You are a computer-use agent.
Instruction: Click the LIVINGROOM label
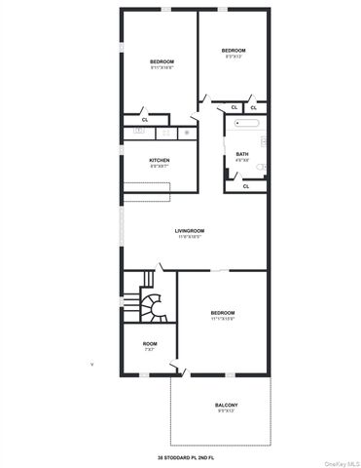coord(189,230)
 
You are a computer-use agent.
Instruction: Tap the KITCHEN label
coord(160,160)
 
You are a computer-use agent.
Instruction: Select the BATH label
coord(242,154)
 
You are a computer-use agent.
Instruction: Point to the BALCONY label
coord(226,405)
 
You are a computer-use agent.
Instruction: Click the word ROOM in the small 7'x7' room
coord(149,343)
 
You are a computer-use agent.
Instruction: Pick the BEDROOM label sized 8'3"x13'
coord(233,51)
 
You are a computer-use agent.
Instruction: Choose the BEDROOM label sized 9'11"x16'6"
coord(162,62)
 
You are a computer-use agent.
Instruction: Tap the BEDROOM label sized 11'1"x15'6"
coord(224,312)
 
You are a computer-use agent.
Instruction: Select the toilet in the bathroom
coord(255,166)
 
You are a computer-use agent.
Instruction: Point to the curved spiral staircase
coord(152,305)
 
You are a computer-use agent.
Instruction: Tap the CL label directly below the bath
coord(245,185)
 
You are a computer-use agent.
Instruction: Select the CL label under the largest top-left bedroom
coord(145,119)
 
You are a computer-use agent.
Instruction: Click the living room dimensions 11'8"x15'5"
coord(189,237)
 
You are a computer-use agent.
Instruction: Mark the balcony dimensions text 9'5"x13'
coord(226,411)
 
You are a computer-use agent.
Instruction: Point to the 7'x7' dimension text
coord(149,349)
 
